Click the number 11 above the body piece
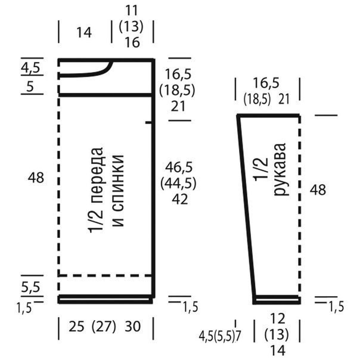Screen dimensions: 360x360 (x=132, y=11)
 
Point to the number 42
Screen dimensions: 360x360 (x=180, y=199)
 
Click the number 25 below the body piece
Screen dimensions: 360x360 (x=76, y=326)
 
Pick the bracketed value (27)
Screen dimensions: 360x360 (x=104, y=327)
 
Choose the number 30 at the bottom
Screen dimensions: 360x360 (x=132, y=326)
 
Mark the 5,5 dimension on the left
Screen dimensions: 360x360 (x=30, y=287)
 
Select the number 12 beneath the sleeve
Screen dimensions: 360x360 (x=278, y=318)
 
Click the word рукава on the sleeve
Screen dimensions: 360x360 (x=280, y=169)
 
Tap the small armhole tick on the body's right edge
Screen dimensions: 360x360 (x=149, y=123)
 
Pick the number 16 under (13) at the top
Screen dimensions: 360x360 (x=132, y=42)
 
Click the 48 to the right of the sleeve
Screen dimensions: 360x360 (x=318, y=190)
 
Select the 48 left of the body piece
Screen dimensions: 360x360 (x=36, y=178)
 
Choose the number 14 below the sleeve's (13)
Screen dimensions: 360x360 (x=278, y=350)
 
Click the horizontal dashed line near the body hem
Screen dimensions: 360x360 (x=105, y=275)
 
